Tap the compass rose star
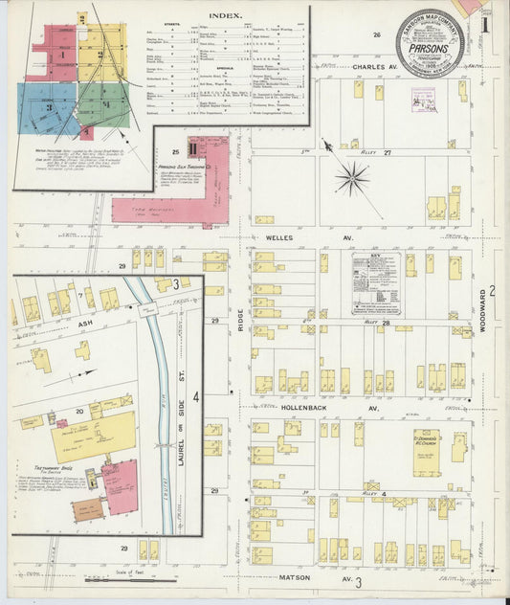[351, 177]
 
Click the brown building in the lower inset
[87, 509]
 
